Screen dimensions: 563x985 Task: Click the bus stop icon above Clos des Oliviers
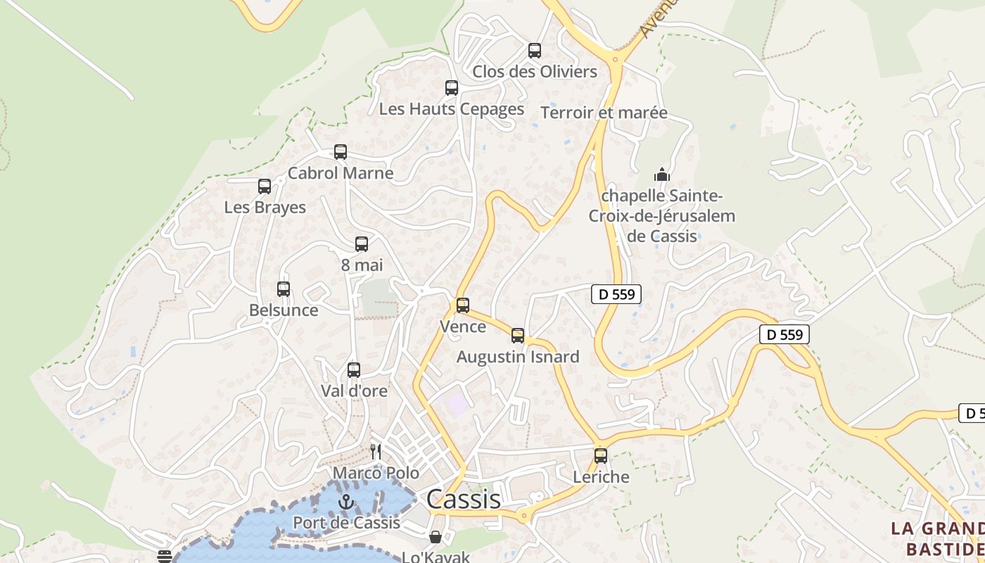click(535, 51)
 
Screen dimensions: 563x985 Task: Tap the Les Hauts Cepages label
click(451, 109)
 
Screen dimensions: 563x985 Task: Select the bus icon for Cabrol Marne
click(341, 152)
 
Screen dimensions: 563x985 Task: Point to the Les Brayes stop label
click(265, 208)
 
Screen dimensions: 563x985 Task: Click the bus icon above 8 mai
click(362, 244)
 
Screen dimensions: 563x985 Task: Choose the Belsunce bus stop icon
click(284, 289)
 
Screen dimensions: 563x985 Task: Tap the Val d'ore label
click(354, 391)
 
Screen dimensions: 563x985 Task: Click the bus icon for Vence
click(463, 305)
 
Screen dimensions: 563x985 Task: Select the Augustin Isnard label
click(518, 357)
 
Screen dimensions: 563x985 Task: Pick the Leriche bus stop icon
click(601, 455)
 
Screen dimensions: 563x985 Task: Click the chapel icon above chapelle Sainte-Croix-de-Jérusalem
click(662, 175)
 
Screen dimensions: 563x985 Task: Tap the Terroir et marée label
click(604, 113)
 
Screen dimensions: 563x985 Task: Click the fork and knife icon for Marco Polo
click(376, 452)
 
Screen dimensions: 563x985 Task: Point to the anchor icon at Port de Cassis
click(345, 502)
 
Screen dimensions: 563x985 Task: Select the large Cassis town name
click(464, 499)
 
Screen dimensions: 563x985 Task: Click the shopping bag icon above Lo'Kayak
click(436, 538)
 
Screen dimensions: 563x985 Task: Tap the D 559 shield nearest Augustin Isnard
click(616, 294)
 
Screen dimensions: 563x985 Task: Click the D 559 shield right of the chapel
click(784, 334)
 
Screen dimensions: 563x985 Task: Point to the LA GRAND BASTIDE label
click(937, 538)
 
